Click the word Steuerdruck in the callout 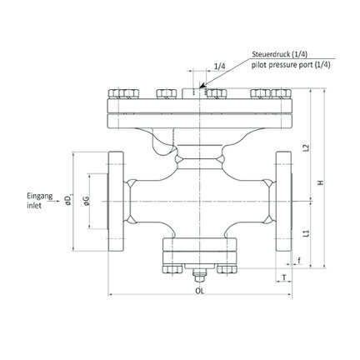[x=268, y=54]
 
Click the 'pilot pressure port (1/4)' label [x=291, y=65]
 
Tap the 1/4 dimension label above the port [x=220, y=67]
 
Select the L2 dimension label [x=306, y=147]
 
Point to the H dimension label [x=321, y=182]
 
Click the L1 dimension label [x=306, y=233]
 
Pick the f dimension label [x=299, y=260]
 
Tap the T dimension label [x=284, y=277]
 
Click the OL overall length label [x=199, y=291]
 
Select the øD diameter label [x=68, y=200]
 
